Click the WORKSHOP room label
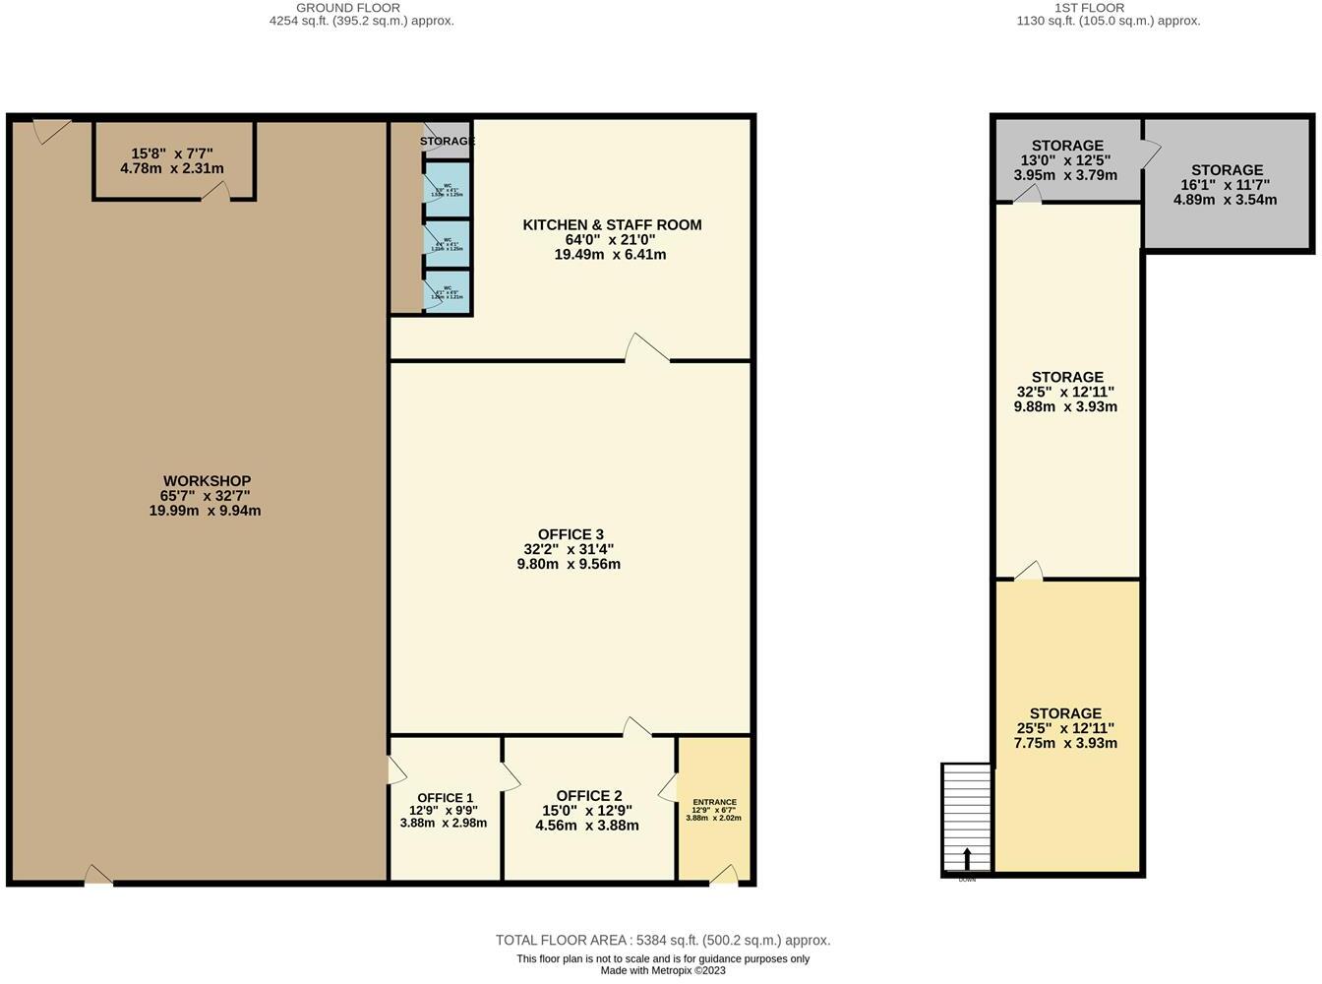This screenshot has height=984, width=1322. click(x=207, y=481)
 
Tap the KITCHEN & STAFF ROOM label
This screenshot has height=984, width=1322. click(x=612, y=225)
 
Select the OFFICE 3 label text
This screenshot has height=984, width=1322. click(x=571, y=534)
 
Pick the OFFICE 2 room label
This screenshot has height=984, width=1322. click(x=588, y=796)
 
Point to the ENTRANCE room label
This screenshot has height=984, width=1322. click(x=714, y=802)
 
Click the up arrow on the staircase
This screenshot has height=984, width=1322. click(x=967, y=858)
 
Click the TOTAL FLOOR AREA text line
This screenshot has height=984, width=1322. click(x=662, y=940)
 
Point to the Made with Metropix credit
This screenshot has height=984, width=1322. click(x=663, y=971)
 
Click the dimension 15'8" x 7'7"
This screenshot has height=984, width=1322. click(x=172, y=154)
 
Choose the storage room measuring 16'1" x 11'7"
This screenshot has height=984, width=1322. click(x=1226, y=184)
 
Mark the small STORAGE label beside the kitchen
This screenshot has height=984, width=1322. click(x=448, y=141)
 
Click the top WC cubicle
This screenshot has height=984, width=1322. click(x=448, y=190)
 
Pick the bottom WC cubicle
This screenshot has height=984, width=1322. click(x=448, y=292)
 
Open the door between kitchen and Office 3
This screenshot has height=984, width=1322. click(x=647, y=350)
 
